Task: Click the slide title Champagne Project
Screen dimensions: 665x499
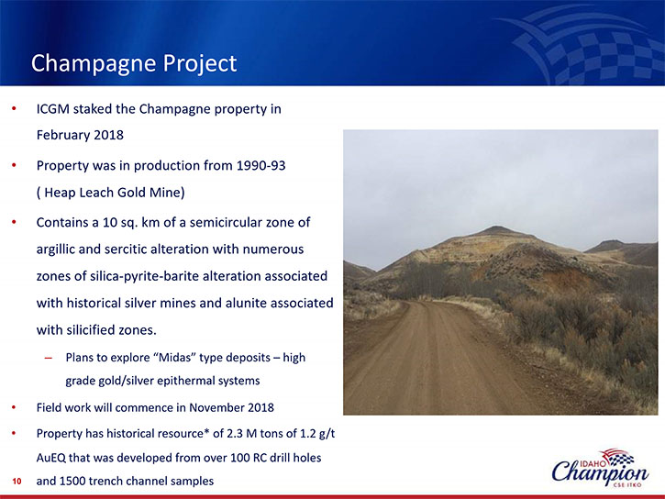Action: [x=134, y=63]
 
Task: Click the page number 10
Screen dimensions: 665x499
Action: [x=17, y=482]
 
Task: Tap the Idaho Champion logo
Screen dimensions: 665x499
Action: [x=600, y=468]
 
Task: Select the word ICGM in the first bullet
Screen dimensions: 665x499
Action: [x=52, y=109]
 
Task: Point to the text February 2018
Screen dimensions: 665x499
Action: [x=80, y=135]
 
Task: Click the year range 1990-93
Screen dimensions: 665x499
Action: [x=260, y=165]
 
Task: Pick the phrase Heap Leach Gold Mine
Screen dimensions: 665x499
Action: [x=113, y=193]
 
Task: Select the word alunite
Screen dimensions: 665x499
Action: [x=245, y=303]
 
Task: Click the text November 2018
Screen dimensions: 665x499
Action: [x=231, y=408]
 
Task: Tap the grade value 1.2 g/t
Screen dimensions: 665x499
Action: [x=317, y=433]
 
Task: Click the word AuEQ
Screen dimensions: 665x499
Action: [x=50, y=458]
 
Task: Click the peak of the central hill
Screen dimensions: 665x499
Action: [x=498, y=227]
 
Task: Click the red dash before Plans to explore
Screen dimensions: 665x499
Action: [x=49, y=358]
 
